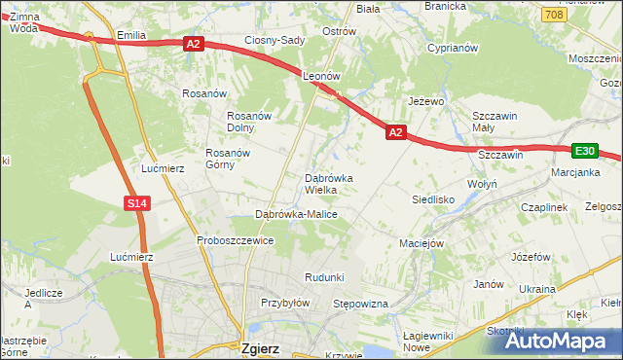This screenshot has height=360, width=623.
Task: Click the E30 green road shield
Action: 584,151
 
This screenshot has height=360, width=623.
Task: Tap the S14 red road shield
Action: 136,203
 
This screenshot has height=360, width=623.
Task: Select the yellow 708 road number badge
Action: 554,15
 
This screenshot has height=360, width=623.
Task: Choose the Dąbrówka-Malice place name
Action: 296,213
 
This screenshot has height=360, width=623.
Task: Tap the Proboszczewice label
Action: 235,240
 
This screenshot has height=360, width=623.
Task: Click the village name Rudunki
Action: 324,277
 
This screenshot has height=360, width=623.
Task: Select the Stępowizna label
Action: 361,305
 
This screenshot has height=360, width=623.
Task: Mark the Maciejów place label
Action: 421,242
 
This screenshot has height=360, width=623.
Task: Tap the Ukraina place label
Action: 537,289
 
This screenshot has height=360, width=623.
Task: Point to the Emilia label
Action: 130,35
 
